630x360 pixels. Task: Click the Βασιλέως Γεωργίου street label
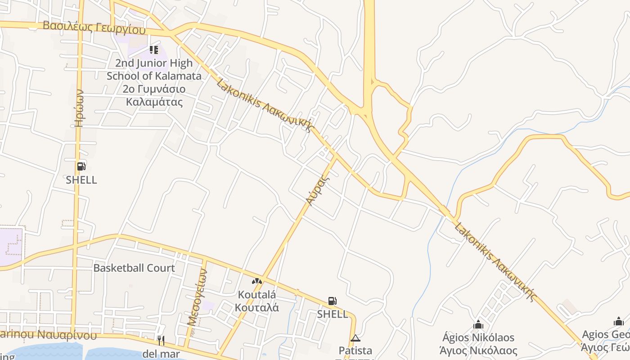pyautogui.click(x=94, y=27)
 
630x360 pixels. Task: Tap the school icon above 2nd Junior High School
pyautogui.click(x=154, y=49)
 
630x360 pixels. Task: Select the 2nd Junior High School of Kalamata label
pyautogui.click(x=154, y=82)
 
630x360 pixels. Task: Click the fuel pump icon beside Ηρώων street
pyautogui.click(x=81, y=166)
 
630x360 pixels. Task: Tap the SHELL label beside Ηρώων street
pyautogui.click(x=81, y=180)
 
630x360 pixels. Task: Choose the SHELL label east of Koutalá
pyautogui.click(x=333, y=314)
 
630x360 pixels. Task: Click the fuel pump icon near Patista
pyautogui.click(x=333, y=301)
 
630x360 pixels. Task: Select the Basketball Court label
pyautogui.click(x=134, y=268)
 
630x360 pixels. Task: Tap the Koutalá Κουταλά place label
pyautogui.click(x=257, y=301)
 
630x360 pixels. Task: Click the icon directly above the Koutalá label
pyautogui.click(x=257, y=281)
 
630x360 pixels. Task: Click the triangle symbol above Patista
pyautogui.click(x=355, y=338)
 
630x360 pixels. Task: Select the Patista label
pyautogui.click(x=355, y=351)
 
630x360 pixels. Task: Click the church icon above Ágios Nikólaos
pyautogui.click(x=478, y=324)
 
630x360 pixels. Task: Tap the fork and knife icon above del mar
pyautogui.click(x=161, y=340)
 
